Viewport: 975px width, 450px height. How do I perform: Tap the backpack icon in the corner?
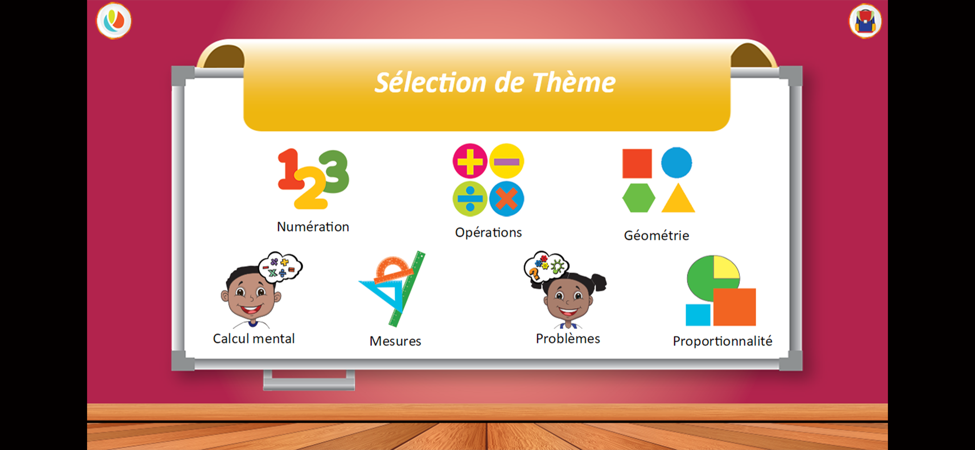[x=865, y=21]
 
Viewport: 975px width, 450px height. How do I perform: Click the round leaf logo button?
[x=114, y=20]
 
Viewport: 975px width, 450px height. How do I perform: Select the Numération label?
[x=313, y=227]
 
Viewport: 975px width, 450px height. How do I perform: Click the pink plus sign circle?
[x=470, y=161]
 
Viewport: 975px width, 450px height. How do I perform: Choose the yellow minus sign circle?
[x=506, y=161]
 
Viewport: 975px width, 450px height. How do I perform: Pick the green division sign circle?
[x=470, y=199]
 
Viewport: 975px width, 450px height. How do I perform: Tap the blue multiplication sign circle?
[x=506, y=199]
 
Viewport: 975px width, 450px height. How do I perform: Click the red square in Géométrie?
[x=637, y=163]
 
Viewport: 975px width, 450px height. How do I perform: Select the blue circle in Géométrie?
[x=676, y=163]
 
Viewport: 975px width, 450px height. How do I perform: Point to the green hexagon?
[x=638, y=198]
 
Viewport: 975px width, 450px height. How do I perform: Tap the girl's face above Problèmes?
[x=568, y=299]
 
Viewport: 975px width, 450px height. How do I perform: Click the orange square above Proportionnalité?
[x=734, y=307]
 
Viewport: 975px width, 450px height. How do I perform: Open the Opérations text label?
[x=488, y=232]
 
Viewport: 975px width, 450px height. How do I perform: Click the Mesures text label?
[x=395, y=341]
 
